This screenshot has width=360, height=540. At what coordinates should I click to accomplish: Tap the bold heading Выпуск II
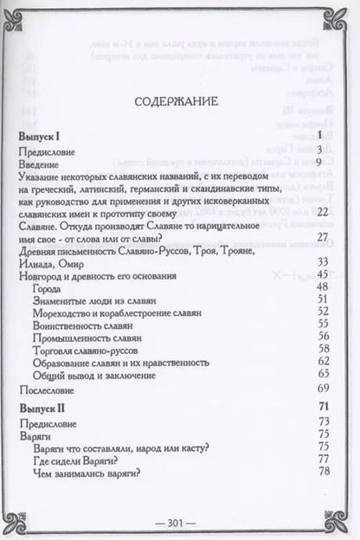pos(44,406)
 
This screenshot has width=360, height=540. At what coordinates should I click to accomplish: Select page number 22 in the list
pos(325,212)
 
